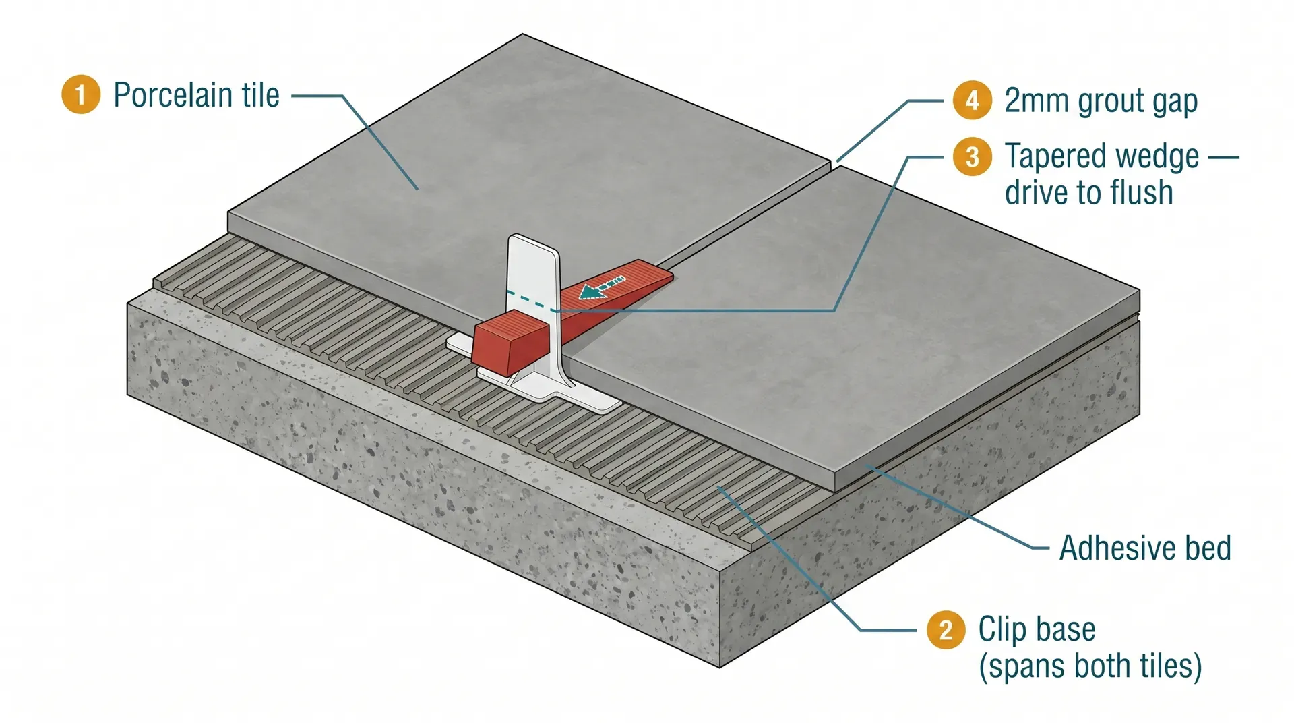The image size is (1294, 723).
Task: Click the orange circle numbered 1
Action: click(80, 94)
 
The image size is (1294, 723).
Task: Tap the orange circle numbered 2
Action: click(946, 630)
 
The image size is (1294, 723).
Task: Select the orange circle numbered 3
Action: click(972, 156)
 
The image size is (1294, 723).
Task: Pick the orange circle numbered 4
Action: click(972, 100)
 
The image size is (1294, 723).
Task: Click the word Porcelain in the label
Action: click(173, 94)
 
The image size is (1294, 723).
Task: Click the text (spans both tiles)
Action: click(1090, 666)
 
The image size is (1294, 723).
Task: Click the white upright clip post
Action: click(532, 270)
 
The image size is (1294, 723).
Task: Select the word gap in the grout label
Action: click(1176, 101)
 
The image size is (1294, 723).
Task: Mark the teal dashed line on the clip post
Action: click(529, 301)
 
